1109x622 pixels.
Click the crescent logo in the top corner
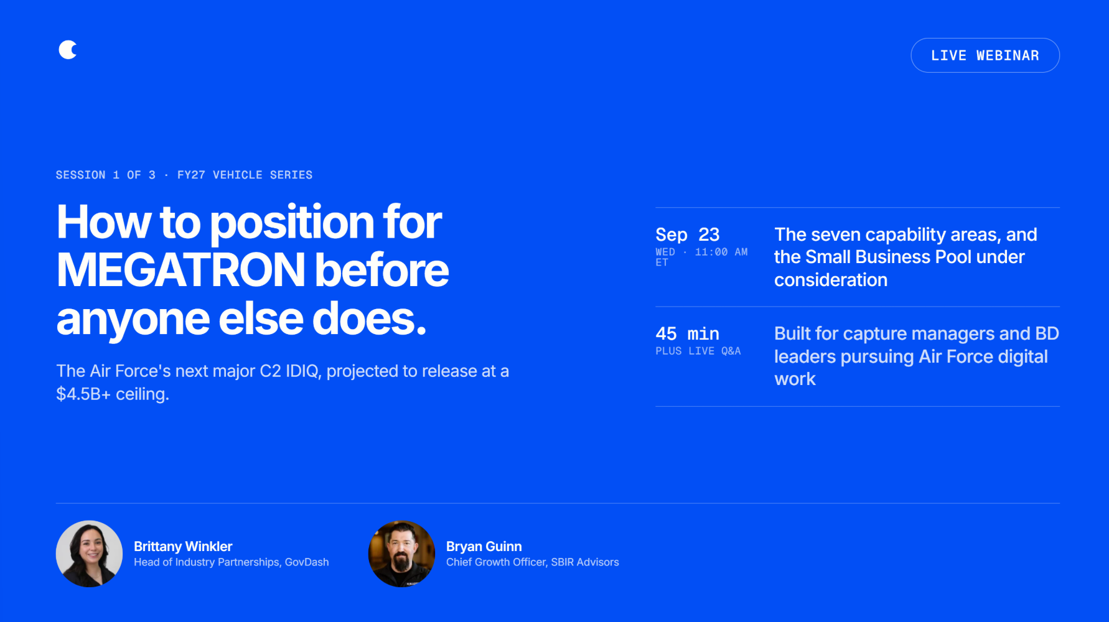pyautogui.click(x=67, y=50)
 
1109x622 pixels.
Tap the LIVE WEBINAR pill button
pyautogui.click(x=985, y=55)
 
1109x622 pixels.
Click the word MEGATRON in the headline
pyautogui.click(x=180, y=271)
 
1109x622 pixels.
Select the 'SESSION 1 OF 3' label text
pyautogui.click(x=106, y=175)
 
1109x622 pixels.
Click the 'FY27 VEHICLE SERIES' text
pyautogui.click(x=245, y=175)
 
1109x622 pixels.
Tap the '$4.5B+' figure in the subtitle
pyautogui.click(x=83, y=394)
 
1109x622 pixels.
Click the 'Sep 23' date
pyautogui.click(x=687, y=234)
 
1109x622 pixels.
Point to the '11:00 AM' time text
pyautogui.click(x=721, y=252)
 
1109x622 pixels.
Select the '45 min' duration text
pyautogui.click(x=687, y=333)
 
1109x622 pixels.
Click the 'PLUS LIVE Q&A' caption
pyautogui.click(x=698, y=351)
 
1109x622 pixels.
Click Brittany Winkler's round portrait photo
pyautogui.click(x=89, y=554)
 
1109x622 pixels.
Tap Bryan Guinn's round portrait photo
pyautogui.click(x=401, y=554)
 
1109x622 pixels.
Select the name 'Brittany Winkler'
pyautogui.click(x=183, y=546)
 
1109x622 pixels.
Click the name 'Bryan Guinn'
pyautogui.click(x=484, y=546)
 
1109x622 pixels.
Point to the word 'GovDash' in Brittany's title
pyautogui.click(x=307, y=562)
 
